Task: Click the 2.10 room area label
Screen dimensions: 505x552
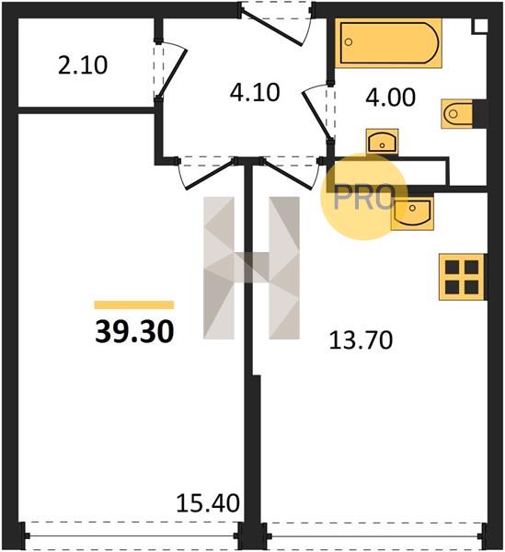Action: coord(83,65)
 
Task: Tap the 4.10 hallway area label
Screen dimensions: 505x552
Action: coord(255,93)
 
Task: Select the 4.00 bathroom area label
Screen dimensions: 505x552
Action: coord(391,98)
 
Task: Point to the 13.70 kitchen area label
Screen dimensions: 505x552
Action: coord(361,340)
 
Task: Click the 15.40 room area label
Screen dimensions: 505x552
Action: coord(208,502)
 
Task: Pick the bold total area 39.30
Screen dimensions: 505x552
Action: coord(134,332)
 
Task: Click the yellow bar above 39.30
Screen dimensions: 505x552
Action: coord(134,305)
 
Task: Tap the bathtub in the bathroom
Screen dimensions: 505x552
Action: coord(388,43)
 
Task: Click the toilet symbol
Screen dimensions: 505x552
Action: coord(457,114)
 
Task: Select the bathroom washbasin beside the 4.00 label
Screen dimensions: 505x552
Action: coord(382,142)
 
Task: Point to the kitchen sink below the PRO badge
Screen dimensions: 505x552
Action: coord(412,213)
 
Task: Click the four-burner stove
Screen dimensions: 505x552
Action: coord(462,277)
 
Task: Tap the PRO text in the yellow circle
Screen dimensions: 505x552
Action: coord(363,198)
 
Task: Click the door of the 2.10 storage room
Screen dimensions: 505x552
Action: coord(172,71)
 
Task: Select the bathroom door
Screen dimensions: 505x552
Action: coord(316,112)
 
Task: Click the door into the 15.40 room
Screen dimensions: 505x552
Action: coord(208,175)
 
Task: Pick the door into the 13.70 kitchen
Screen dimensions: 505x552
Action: coord(289,174)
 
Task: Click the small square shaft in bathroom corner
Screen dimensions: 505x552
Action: coord(480,26)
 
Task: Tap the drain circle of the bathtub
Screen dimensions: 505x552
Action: coord(349,42)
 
